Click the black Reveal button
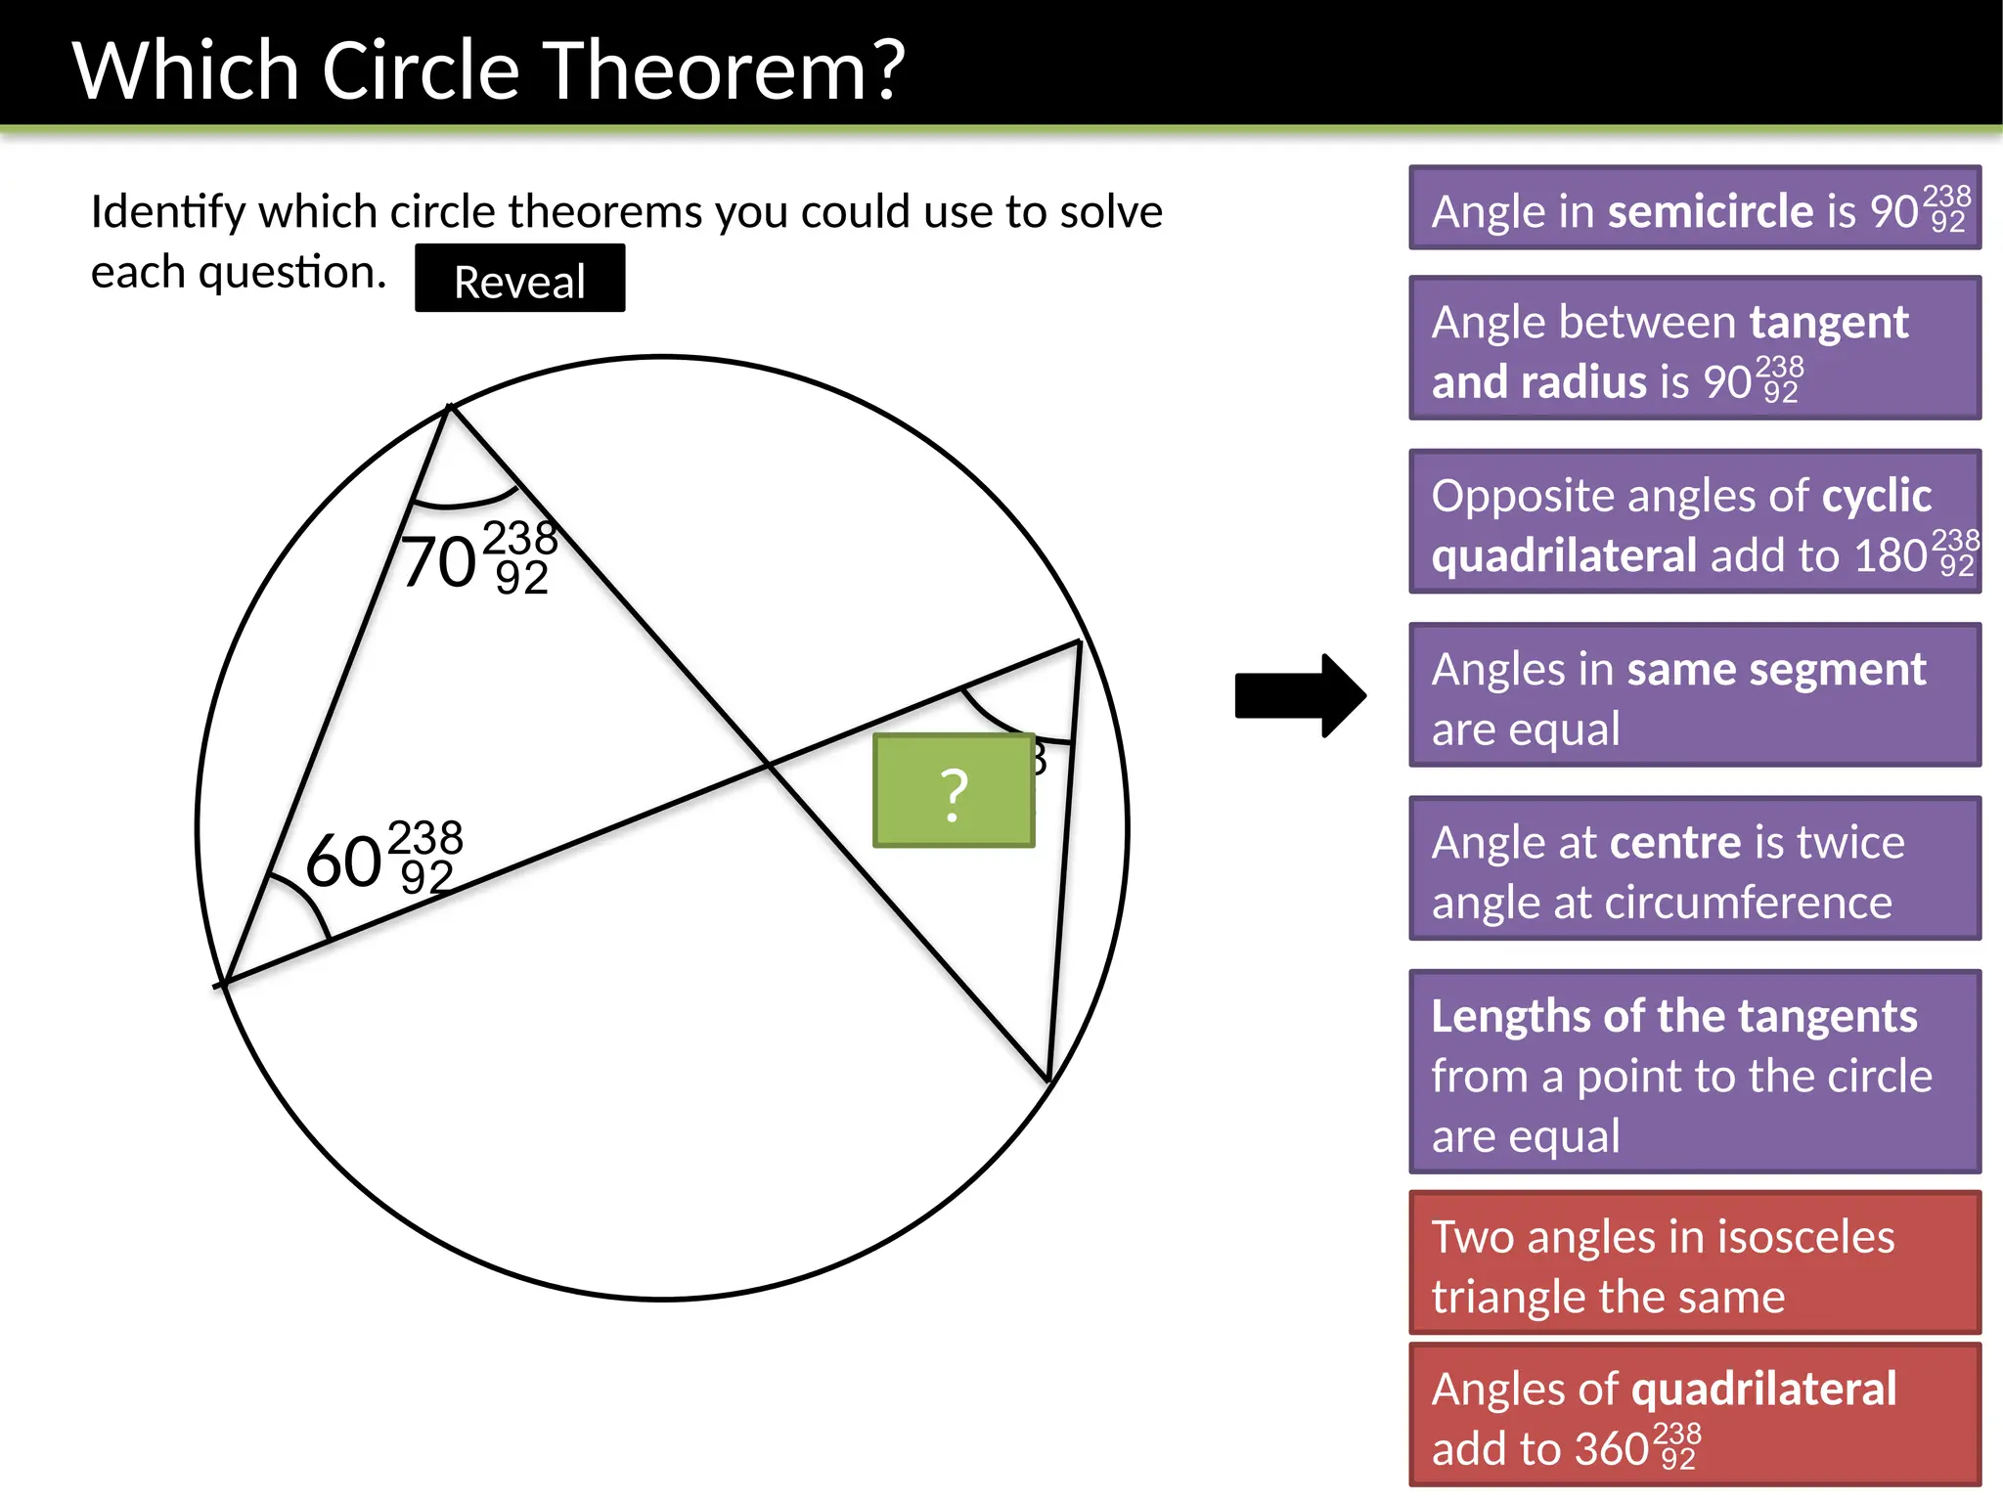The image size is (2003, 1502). tap(519, 279)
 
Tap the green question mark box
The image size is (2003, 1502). tap(954, 790)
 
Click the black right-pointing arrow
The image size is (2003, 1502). tap(1300, 695)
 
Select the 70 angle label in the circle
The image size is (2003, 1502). tap(440, 562)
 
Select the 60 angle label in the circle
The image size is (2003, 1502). tap(344, 861)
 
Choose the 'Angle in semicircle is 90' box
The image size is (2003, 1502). tap(1694, 208)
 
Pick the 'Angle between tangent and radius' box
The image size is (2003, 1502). tap(1694, 349)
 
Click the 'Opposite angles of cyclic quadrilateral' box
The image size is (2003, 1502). tap(1694, 522)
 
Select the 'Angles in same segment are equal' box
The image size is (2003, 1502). tap(1694, 695)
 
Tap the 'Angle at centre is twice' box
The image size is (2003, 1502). tap(1694, 869)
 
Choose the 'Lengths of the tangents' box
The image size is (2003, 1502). tap(1694, 1072)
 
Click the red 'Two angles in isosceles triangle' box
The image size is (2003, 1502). tap(1694, 1263)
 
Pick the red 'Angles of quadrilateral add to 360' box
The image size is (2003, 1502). tap(1694, 1415)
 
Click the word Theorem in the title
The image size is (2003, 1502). tap(724, 70)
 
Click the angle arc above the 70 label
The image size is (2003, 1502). tap(460, 505)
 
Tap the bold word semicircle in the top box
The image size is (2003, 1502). tap(1711, 211)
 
